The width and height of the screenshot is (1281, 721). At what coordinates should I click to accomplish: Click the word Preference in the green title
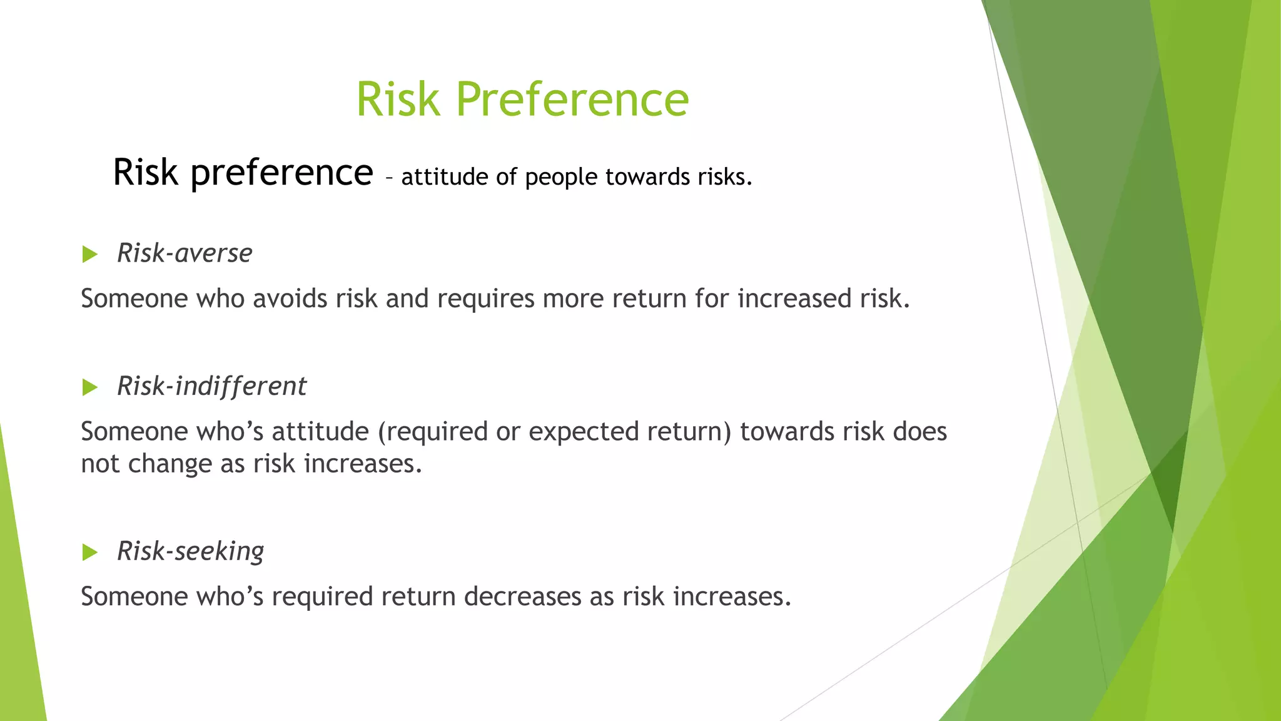572,99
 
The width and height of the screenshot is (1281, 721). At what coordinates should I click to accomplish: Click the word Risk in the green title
398,99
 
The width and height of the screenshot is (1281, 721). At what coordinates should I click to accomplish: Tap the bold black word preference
281,173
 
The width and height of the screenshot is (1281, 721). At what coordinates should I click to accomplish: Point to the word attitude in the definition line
444,177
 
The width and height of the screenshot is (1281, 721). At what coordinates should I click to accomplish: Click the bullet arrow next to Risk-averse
90,254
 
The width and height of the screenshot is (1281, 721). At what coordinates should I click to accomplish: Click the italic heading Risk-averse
185,253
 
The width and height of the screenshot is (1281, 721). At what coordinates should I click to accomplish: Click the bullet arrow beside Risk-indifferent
90,387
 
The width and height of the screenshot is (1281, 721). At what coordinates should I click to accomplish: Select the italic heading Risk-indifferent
211,386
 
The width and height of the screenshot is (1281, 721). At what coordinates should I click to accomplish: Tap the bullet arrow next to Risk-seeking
90,552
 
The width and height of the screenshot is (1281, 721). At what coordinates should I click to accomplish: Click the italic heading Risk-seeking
190,551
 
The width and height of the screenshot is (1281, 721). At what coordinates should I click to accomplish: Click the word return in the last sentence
418,596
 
